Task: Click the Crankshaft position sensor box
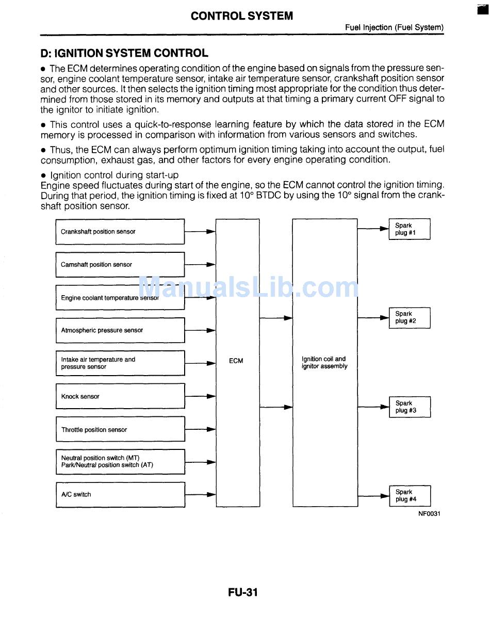120,232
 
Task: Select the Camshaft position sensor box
120,265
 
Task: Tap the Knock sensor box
120,396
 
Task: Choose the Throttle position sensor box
120,429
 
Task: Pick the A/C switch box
120,494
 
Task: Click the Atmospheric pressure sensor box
120,330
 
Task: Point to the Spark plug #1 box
409,229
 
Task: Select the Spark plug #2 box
409,318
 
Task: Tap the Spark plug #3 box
409,407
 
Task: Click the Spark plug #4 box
409,496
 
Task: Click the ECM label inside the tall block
236,361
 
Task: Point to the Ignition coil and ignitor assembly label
324,363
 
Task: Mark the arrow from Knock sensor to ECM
200,396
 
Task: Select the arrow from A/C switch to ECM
200,494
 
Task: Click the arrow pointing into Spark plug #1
373,229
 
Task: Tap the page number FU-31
243,592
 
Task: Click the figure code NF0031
429,514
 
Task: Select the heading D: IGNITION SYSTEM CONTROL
124,53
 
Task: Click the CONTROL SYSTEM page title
241,16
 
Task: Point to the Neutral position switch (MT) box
120,461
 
